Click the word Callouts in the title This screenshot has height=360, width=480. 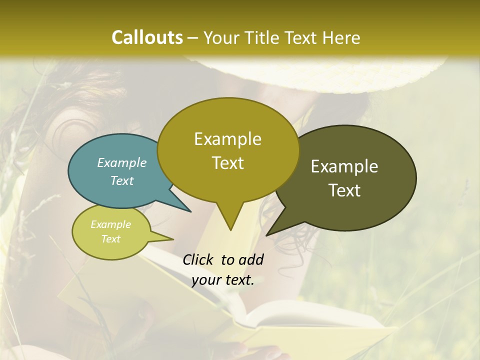[147, 37]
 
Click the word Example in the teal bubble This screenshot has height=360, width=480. [122, 162]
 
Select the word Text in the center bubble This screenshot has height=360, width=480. [228, 163]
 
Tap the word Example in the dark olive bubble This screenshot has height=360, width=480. [344, 166]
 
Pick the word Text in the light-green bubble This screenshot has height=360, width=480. [111, 239]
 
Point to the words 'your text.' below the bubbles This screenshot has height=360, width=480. [223, 280]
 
